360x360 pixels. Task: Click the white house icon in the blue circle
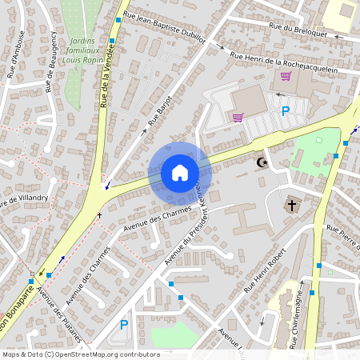pos(179,173)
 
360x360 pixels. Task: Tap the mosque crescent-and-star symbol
pos(261,162)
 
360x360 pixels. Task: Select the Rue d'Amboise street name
pos(17,63)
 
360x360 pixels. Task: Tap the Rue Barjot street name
pos(161,113)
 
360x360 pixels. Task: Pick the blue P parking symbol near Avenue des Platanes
pos(123,324)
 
